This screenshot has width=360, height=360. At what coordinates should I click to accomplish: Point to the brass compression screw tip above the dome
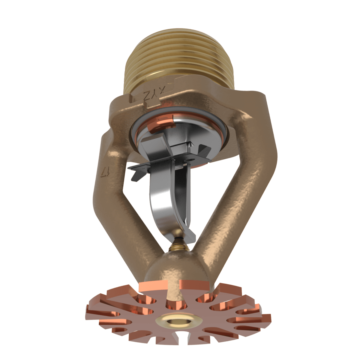tap(178, 246)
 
